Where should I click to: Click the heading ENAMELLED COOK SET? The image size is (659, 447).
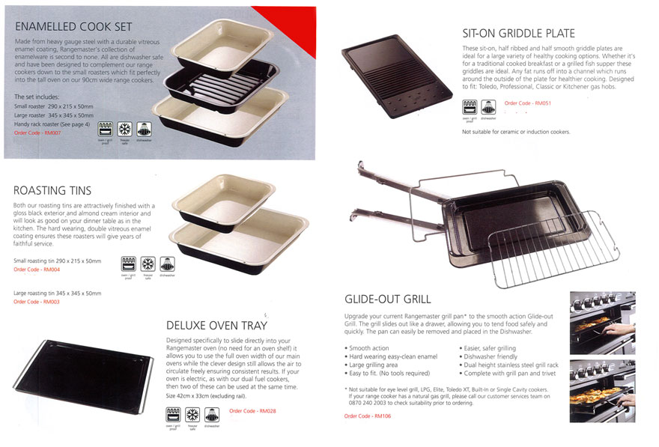point(73,27)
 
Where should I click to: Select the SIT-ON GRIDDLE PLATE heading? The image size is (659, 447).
point(518,33)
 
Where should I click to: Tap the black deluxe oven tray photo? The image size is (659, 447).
point(83,377)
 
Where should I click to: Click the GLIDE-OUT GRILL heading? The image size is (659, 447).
point(387,299)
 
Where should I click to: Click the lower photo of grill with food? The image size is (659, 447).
point(602,392)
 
